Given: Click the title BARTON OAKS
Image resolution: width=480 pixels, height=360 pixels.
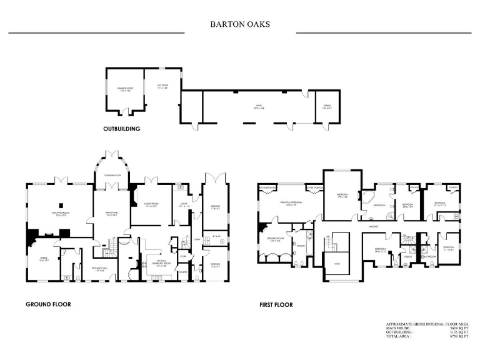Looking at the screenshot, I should (x=240, y=26).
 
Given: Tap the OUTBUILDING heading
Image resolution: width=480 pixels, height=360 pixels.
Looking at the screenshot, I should (x=121, y=129).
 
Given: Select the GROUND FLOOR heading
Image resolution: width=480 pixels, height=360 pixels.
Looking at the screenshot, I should (x=48, y=304).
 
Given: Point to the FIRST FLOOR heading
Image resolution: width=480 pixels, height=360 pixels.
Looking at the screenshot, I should (x=276, y=306).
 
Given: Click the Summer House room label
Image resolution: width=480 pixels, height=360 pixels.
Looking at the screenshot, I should (x=125, y=89).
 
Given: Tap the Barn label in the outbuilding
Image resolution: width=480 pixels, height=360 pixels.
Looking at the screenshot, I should (x=257, y=107).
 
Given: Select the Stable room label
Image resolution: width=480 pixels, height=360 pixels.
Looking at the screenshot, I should (x=326, y=107).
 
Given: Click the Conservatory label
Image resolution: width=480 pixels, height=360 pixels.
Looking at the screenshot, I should (x=112, y=176).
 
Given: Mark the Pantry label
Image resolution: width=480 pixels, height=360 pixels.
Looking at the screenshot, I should (x=184, y=272).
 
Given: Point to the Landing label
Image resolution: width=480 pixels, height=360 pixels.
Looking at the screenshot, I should (x=374, y=226).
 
